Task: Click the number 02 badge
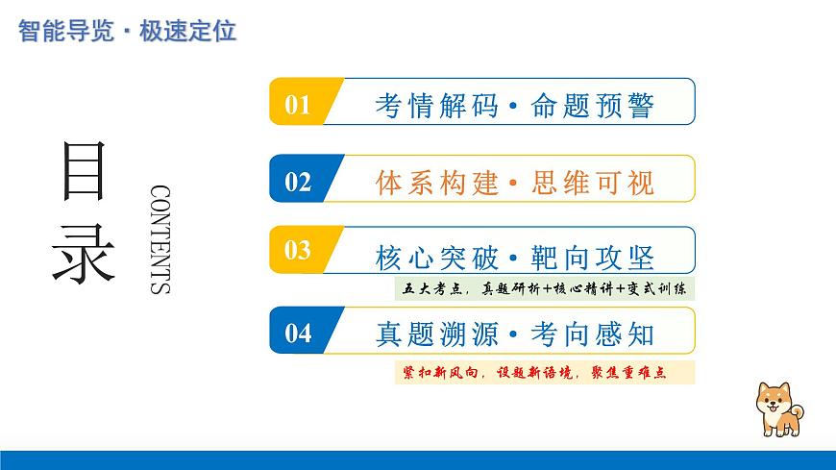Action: click(299, 181)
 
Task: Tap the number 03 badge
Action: click(299, 251)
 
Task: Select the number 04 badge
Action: click(299, 333)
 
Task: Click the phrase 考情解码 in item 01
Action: click(435, 104)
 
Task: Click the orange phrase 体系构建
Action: click(436, 182)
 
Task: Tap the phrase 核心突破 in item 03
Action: click(436, 257)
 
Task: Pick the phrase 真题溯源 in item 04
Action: click(436, 334)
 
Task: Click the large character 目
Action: click(85, 171)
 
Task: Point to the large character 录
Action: click(85, 252)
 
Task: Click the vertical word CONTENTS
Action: click(160, 239)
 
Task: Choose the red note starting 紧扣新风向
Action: click(544, 372)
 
